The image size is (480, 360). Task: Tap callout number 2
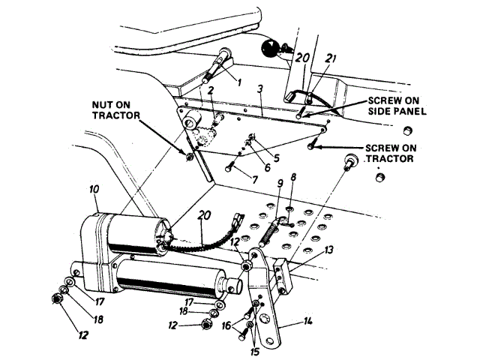pyautogui.click(x=212, y=91)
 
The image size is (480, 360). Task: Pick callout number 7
pyautogui.click(x=254, y=180)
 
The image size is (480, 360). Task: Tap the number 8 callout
pyautogui.click(x=292, y=178)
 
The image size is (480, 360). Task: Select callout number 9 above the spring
pyautogui.click(x=279, y=183)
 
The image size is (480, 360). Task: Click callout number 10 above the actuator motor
pyautogui.click(x=94, y=191)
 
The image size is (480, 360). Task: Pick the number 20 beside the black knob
pyautogui.click(x=302, y=57)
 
